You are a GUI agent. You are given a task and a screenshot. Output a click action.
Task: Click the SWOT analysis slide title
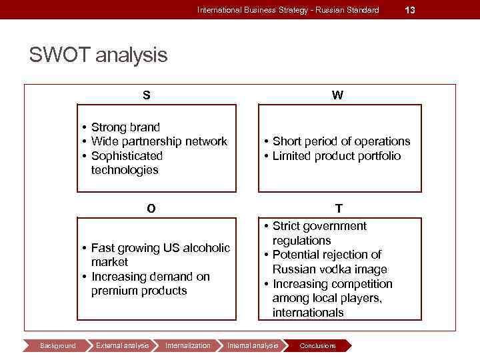pos(98,55)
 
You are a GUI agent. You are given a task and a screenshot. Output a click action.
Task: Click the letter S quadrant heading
pos(146,95)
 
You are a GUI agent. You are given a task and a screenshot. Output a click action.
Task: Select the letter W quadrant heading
pos(338,95)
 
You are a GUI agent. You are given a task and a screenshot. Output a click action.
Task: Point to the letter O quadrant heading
pos(151,209)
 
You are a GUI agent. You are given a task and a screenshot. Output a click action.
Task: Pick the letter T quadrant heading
pos(339,209)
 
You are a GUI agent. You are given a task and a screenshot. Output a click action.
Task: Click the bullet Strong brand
pos(125,127)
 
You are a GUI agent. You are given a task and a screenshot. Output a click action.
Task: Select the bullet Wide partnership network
pos(159,141)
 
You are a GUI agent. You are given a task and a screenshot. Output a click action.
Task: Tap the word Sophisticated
pos(127,156)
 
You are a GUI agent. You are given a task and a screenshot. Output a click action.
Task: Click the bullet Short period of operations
pos(341,141)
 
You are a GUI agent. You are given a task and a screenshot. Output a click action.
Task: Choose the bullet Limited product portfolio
pos(337,156)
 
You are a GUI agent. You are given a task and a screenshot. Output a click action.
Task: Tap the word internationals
pos(308,313)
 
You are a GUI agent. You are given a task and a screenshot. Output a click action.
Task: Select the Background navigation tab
pos(58,345)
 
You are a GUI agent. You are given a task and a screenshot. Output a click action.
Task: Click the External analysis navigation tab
pos(123,345)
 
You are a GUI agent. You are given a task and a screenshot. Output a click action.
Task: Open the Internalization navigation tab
pos(187,345)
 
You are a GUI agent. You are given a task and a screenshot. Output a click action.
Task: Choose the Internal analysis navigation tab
pos(253,345)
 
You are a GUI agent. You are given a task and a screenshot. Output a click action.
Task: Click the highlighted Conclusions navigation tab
pos(318,345)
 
